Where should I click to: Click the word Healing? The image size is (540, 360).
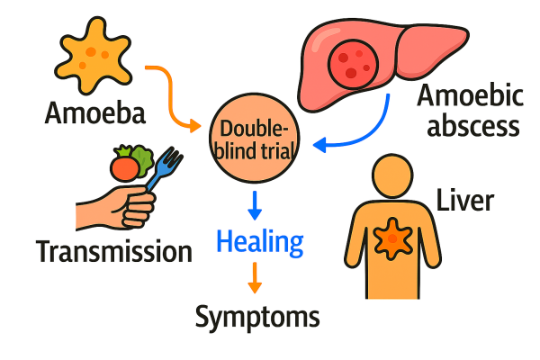(260, 242)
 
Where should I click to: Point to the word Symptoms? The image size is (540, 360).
(257, 316)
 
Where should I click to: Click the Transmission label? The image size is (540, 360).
(114, 250)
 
